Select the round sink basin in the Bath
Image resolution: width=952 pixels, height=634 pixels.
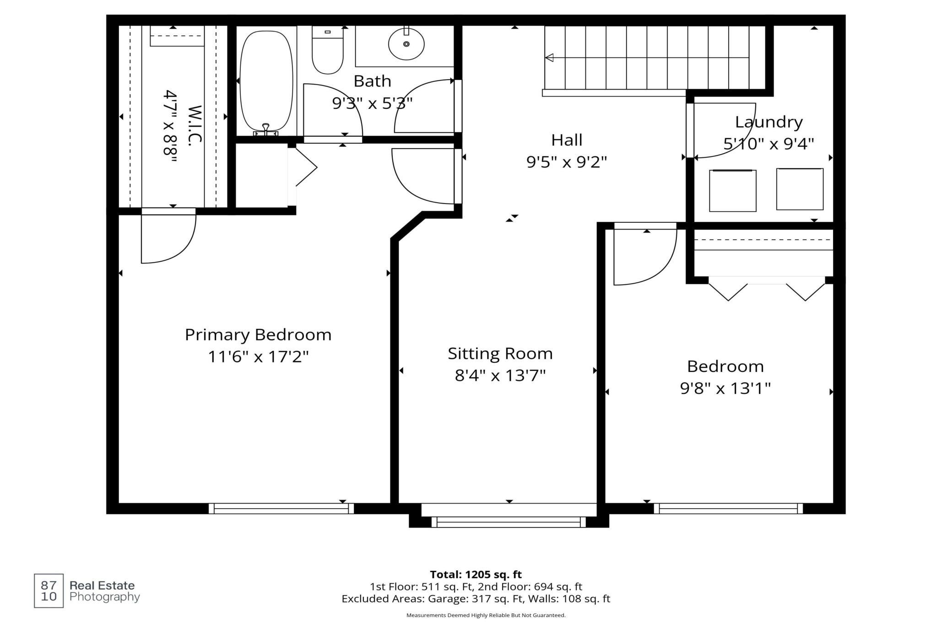tap(406, 44)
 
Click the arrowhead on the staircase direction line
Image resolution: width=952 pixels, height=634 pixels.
tap(549, 58)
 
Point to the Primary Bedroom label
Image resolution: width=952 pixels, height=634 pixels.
tap(258, 334)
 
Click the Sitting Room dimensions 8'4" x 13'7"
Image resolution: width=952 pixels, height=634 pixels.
tap(500, 376)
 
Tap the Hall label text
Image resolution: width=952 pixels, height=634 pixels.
tap(567, 140)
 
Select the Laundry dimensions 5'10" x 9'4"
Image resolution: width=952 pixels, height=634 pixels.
tap(768, 144)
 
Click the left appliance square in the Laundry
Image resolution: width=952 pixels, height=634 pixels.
tap(733, 191)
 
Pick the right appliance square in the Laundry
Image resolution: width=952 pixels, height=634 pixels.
tap(800, 189)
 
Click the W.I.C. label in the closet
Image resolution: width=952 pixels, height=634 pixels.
tap(195, 125)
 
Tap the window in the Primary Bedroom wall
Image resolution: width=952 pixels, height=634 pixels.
tap(281, 508)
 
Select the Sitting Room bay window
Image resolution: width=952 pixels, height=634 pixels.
tap(508, 522)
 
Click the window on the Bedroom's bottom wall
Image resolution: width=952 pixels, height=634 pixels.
tap(728, 508)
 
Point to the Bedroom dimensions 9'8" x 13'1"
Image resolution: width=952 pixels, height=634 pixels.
tap(725, 388)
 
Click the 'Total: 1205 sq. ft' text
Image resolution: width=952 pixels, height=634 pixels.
tap(476, 575)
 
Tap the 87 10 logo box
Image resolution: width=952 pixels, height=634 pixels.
tap(49, 591)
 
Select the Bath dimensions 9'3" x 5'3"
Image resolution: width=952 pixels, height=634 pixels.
tap(372, 103)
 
